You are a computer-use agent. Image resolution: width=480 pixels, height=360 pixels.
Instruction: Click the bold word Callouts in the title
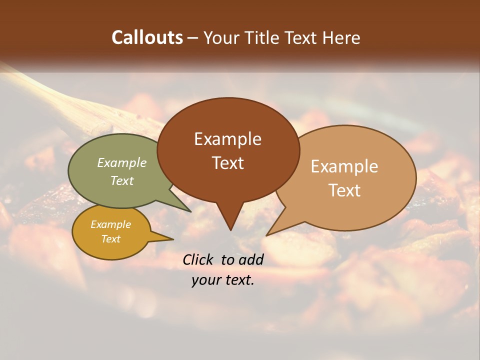(x=147, y=37)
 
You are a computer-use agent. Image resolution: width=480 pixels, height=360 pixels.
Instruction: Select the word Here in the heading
(x=342, y=37)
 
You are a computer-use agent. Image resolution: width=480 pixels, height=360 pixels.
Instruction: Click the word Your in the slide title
(x=222, y=37)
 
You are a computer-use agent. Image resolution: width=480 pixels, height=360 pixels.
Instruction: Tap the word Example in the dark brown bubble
(x=227, y=139)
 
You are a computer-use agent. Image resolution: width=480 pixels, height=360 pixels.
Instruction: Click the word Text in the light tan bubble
(x=344, y=190)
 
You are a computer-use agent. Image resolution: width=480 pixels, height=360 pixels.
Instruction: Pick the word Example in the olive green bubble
(x=122, y=163)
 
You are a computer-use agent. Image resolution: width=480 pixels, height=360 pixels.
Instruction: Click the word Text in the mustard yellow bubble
(x=110, y=239)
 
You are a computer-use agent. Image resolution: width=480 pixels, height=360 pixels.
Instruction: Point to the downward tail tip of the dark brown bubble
(x=230, y=229)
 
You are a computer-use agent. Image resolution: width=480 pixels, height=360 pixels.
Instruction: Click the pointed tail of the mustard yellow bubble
(x=170, y=239)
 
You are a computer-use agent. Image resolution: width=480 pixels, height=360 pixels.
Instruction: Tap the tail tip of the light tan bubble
(x=268, y=234)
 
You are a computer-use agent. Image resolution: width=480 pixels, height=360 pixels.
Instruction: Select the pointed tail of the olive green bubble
(x=189, y=211)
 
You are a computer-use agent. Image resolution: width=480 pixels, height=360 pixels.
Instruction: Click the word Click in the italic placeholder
(x=199, y=259)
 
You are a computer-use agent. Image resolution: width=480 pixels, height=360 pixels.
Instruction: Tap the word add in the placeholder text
(x=250, y=259)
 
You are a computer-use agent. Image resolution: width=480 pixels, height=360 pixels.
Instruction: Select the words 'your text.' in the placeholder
(x=223, y=280)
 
